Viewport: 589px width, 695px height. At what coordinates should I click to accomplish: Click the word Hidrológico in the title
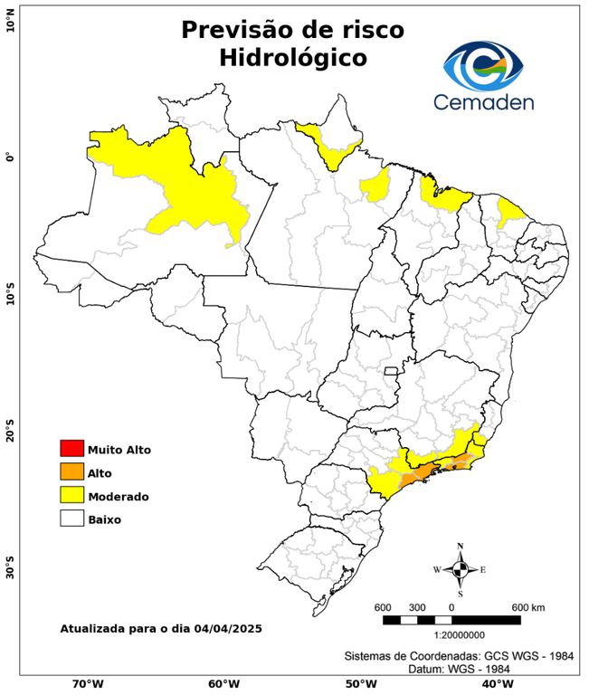[292, 58]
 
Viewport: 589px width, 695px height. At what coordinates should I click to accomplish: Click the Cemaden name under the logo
[483, 101]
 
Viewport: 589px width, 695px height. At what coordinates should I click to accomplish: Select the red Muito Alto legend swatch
[71, 449]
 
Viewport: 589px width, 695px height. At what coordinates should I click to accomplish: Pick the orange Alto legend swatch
[71, 472]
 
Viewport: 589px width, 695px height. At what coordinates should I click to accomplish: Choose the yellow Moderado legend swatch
[71, 496]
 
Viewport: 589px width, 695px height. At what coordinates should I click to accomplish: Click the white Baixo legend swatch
[71, 519]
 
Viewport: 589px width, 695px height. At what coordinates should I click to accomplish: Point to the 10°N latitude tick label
[10, 20]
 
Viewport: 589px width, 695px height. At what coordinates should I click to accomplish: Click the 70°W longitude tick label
[87, 684]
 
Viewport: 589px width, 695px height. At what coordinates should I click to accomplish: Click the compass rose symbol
[460, 569]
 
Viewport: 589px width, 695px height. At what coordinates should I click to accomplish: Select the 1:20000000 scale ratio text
[451, 636]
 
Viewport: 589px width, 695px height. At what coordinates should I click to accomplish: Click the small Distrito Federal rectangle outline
[392, 371]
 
